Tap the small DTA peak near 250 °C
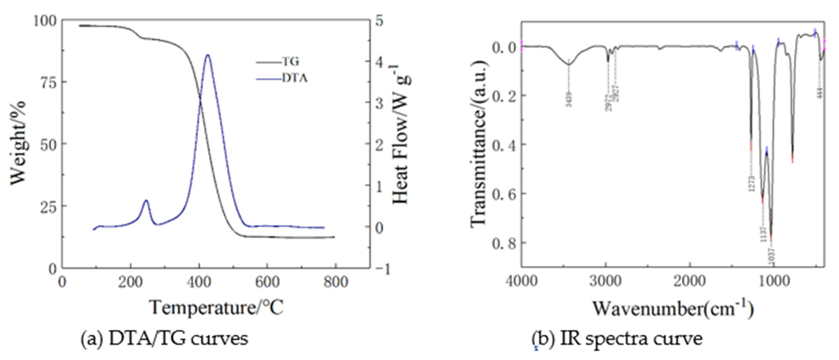(146, 201)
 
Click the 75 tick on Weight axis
(49, 82)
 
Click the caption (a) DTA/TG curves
(164, 339)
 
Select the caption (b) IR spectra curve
(617, 339)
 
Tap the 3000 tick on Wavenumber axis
(605, 281)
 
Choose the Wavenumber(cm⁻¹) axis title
(673, 308)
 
